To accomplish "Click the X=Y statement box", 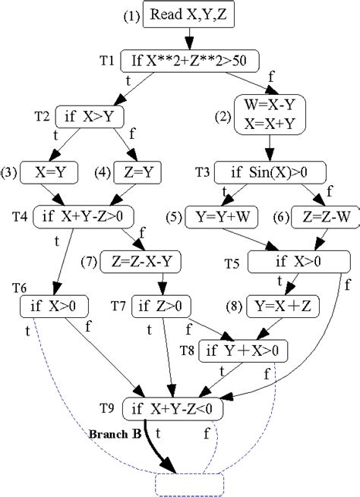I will [x=50, y=171].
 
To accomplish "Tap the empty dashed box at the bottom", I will [x=189, y=483].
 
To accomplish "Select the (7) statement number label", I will [x=88, y=262].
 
